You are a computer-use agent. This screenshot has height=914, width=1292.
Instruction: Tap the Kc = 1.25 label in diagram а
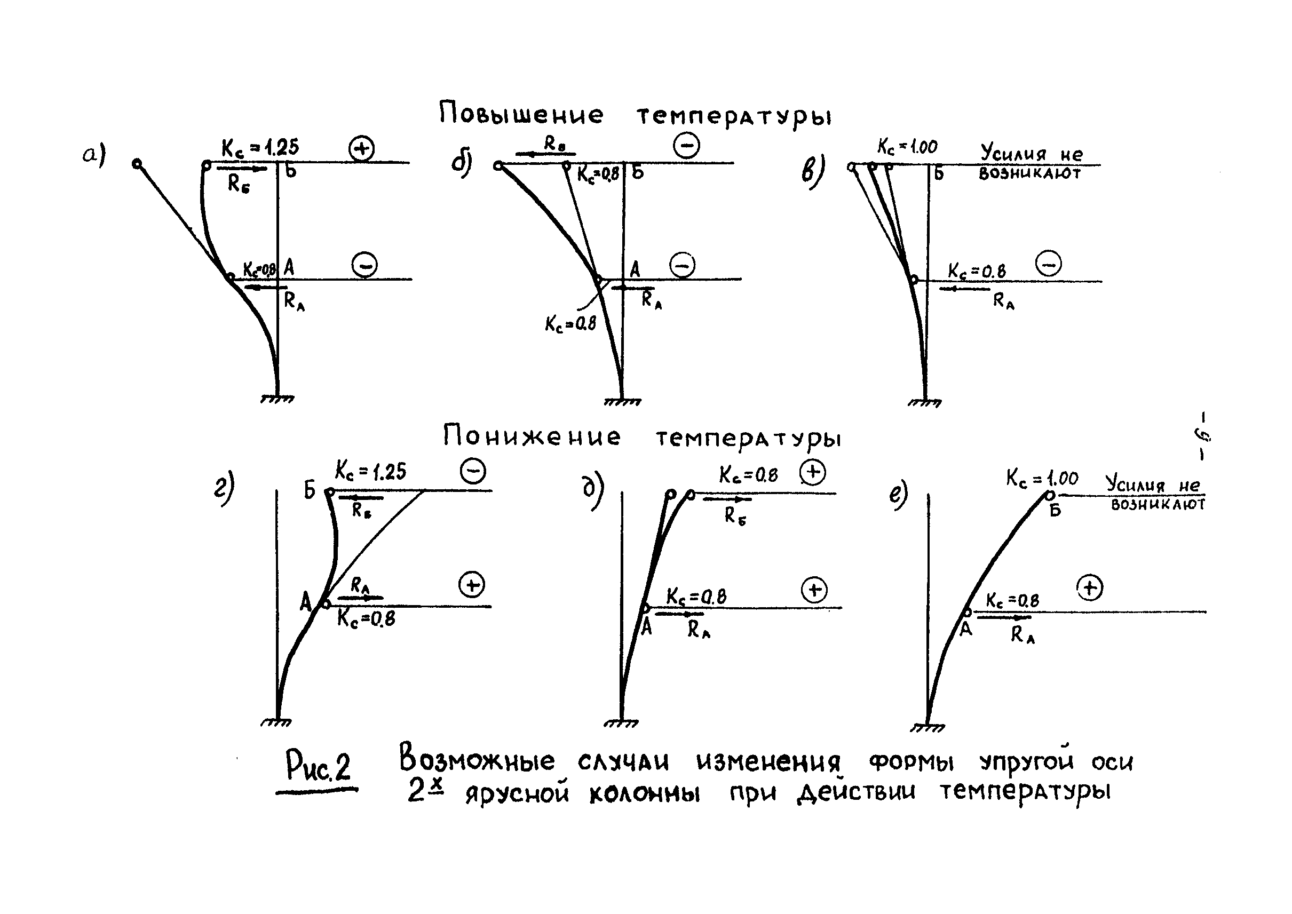pos(260,147)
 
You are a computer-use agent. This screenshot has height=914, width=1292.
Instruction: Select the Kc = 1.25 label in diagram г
pos(370,471)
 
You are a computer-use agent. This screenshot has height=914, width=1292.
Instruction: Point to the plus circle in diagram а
pos(361,148)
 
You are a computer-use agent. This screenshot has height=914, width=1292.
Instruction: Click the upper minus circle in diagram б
pos(686,146)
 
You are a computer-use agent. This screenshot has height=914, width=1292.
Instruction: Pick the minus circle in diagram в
pos(1049,264)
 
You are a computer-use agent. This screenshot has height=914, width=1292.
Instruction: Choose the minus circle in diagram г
pos(473,472)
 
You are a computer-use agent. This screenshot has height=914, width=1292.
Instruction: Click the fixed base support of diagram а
pos(278,399)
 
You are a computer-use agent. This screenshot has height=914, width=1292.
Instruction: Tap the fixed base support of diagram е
pos(927,728)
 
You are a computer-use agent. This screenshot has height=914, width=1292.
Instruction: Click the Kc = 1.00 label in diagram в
pos(907,147)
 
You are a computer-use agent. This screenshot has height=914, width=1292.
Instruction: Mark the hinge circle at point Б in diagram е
pos(1049,495)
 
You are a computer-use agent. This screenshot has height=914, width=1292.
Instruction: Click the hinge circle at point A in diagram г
pos(326,605)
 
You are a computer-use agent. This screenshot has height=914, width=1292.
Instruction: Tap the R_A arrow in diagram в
pos(964,289)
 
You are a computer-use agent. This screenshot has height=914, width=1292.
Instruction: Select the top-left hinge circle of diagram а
pos(137,164)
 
